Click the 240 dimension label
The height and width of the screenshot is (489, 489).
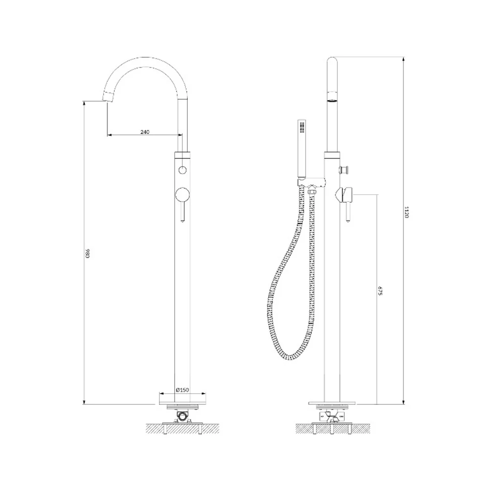pyautogui.click(x=145, y=132)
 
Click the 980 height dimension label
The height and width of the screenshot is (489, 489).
pyautogui.click(x=88, y=253)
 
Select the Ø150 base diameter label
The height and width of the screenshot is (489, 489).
pyautogui.click(x=182, y=390)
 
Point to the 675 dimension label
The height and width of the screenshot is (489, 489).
pyautogui.click(x=379, y=290)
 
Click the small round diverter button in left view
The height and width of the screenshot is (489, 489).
pyautogui.click(x=182, y=170)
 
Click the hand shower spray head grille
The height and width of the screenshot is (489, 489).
pyautogui.click(x=302, y=127)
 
